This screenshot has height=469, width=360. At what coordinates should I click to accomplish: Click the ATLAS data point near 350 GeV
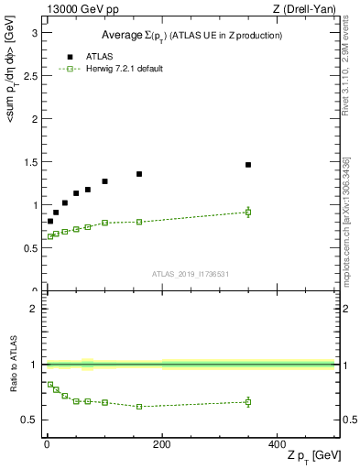coord(248,165)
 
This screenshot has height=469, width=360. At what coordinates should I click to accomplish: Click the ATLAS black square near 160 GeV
coord(139,174)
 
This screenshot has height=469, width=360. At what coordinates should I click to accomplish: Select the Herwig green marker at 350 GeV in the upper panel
coord(248,213)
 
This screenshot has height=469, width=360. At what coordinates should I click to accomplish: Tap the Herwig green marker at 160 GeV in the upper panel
coord(139,222)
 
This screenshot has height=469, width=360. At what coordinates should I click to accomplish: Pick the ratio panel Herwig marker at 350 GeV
coord(248,401)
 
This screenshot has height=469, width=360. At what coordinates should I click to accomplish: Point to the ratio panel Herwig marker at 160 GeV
coord(139,406)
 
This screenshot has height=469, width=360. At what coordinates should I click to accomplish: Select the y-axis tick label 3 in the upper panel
coord(35,32)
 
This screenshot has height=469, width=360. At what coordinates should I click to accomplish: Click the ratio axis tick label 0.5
coord(30,420)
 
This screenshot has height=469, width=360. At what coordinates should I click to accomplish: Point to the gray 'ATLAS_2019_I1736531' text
coord(191,273)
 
